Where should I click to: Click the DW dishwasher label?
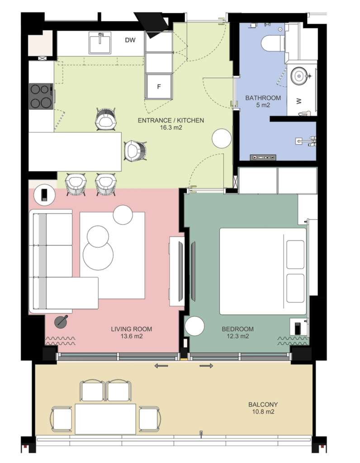(x=130, y=40)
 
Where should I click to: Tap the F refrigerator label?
(x=159, y=87)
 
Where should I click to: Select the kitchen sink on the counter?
(x=100, y=43)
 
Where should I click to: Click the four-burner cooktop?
(x=41, y=96)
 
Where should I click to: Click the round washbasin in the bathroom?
(x=299, y=76)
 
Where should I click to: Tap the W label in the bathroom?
(x=299, y=101)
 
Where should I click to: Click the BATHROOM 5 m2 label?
(x=263, y=101)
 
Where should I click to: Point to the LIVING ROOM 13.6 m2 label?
(x=132, y=332)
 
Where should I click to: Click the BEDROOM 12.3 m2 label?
(x=237, y=332)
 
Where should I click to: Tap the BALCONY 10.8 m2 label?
(x=263, y=408)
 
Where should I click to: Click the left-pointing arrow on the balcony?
(x=161, y=366)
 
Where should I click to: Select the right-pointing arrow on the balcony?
(x=206, y=366)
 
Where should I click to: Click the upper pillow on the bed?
(x=295, y=255)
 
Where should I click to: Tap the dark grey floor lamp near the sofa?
(x=62, y=321)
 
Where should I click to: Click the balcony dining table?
(x=105, y=419)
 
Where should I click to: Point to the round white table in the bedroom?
(x=194, y=326)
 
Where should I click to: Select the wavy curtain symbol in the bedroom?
(x=292, y=341)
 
